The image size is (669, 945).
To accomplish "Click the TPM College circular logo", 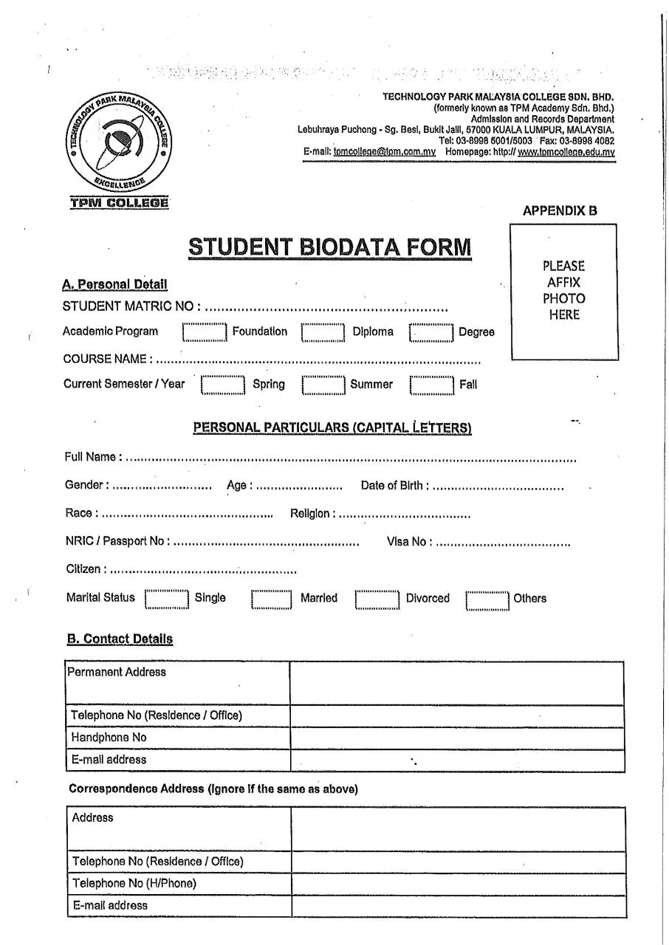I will click(117, 142).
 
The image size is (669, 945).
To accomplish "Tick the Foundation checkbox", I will click(204, 333).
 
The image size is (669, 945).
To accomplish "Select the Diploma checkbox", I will click(323, 333).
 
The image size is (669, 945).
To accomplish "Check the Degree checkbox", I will click(431, 333).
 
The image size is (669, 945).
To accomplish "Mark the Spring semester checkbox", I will click(223, 385).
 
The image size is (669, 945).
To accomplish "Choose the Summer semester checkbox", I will click(323, 385).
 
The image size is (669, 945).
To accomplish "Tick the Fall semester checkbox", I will click(432, 385).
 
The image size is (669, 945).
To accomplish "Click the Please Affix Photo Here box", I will click(563, 292).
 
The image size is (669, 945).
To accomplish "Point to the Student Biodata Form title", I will click(329, 247).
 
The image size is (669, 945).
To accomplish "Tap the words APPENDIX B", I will click(560, 210).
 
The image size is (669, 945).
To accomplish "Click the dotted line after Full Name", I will click(351, 459).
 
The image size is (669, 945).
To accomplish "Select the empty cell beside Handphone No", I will click(456, 738).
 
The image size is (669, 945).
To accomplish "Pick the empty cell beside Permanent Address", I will click(456, 683).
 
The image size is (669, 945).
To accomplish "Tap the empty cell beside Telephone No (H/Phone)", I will click(458, 884).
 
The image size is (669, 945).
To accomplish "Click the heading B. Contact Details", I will click(120, 639).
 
